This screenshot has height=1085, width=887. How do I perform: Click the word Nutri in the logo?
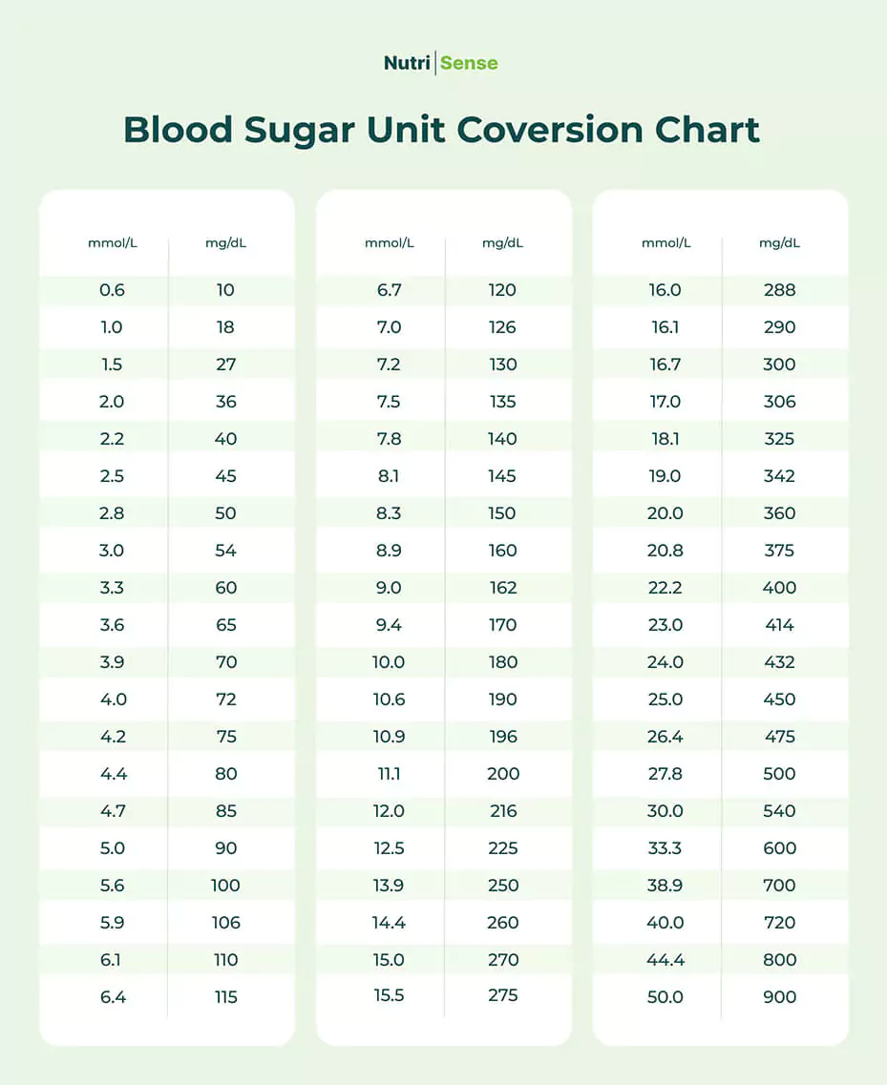coord(408,64)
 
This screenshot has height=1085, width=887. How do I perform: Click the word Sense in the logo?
coord(469,64)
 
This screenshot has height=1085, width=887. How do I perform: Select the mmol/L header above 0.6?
coord(113,243)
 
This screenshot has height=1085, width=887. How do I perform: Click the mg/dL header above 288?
coord(779,243)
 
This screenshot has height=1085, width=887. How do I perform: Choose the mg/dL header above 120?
coord(502,243)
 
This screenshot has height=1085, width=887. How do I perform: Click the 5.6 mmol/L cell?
coord(112,886)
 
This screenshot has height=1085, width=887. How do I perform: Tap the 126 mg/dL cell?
coord(502,327)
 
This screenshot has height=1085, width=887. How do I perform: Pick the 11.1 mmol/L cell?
coord(389,774)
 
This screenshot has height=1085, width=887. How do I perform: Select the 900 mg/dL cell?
coord(779,997)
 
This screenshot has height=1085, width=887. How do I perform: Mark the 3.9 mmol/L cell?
coord(112,662)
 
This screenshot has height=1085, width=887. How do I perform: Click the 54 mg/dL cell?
coord(225,551)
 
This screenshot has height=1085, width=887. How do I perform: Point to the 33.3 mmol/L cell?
coord(665,848)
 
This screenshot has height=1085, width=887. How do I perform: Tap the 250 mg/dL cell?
coord(502,886)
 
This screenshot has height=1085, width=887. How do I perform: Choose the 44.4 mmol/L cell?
coord(665,960)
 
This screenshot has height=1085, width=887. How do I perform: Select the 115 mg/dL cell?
coord(225,997)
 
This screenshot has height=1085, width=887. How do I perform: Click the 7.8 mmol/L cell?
coord(389,439)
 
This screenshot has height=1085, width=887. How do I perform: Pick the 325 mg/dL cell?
coord(779,439)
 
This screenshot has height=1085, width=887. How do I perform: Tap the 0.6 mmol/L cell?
coord(112,290)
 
